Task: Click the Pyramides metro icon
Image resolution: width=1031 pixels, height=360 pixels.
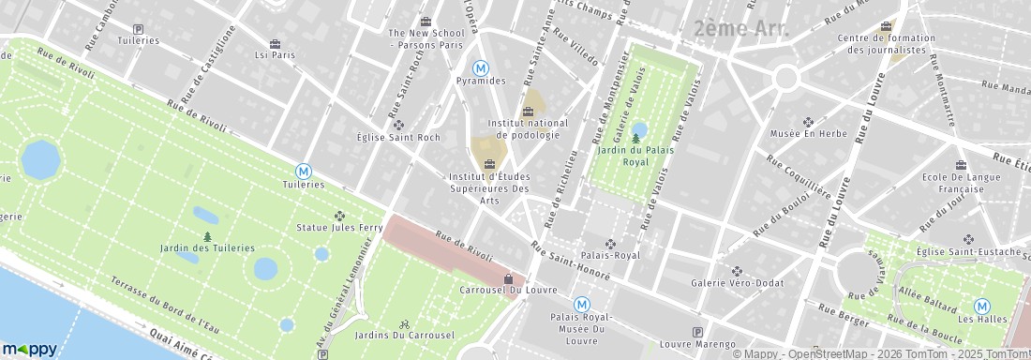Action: tap(481, 67)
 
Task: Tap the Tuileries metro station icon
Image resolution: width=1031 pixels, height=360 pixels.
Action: tap(304, 171)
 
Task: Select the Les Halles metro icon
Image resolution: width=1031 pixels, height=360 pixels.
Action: tap(982, 306)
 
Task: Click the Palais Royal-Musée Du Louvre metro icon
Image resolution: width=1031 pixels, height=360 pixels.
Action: tap(581, 304)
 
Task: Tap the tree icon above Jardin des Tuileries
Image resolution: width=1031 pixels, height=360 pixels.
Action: tap(207, 235)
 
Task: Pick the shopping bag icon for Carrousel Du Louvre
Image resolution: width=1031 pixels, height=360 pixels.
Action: tap(508, 278)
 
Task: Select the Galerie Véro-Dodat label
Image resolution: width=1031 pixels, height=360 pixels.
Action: tap(736, 284)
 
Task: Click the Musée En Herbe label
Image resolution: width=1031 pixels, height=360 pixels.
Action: tap(808, 134)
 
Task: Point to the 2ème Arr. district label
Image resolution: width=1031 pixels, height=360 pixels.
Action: tap(742, 28)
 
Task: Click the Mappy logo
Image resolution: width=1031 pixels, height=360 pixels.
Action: tap(29, 349)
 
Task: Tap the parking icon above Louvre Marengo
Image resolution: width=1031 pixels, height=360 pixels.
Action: tap(695, 332)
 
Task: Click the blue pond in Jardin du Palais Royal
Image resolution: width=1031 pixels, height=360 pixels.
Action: tap(640, 129)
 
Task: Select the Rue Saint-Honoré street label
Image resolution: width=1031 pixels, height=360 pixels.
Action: tap(571, 262)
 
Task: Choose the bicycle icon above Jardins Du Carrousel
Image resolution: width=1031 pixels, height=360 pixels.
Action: tap(404, 322)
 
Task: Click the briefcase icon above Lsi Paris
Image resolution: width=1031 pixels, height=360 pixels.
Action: tap(275, 43)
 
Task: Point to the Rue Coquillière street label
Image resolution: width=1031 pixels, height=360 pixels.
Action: tap(799, 176)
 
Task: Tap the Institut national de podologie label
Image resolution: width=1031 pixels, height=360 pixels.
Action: tap(528, 128)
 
